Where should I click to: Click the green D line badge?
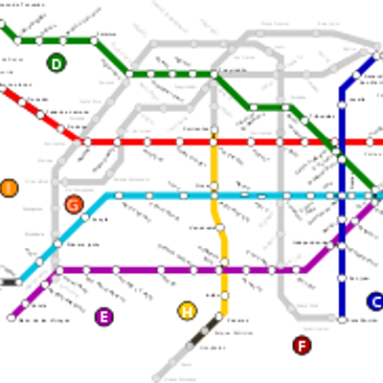click(56, 64)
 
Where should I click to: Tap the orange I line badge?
click(9, 188)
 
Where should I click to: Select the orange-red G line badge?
click(74, 204)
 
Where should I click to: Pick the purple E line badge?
click(104, 317)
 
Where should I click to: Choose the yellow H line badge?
click(187, 310)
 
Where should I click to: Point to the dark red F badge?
click(302, 346)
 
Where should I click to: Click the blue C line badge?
click(376, 302)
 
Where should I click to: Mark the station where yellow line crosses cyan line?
click(214, 195)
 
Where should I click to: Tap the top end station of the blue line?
click(374, 57)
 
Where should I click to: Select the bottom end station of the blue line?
click(342, 319)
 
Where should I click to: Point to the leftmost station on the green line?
click(17, 40)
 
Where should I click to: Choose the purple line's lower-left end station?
click(11, 316)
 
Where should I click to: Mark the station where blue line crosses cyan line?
click(342, 195)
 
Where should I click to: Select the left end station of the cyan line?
click(19, 282)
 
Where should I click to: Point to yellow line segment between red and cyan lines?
click(214, 168)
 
